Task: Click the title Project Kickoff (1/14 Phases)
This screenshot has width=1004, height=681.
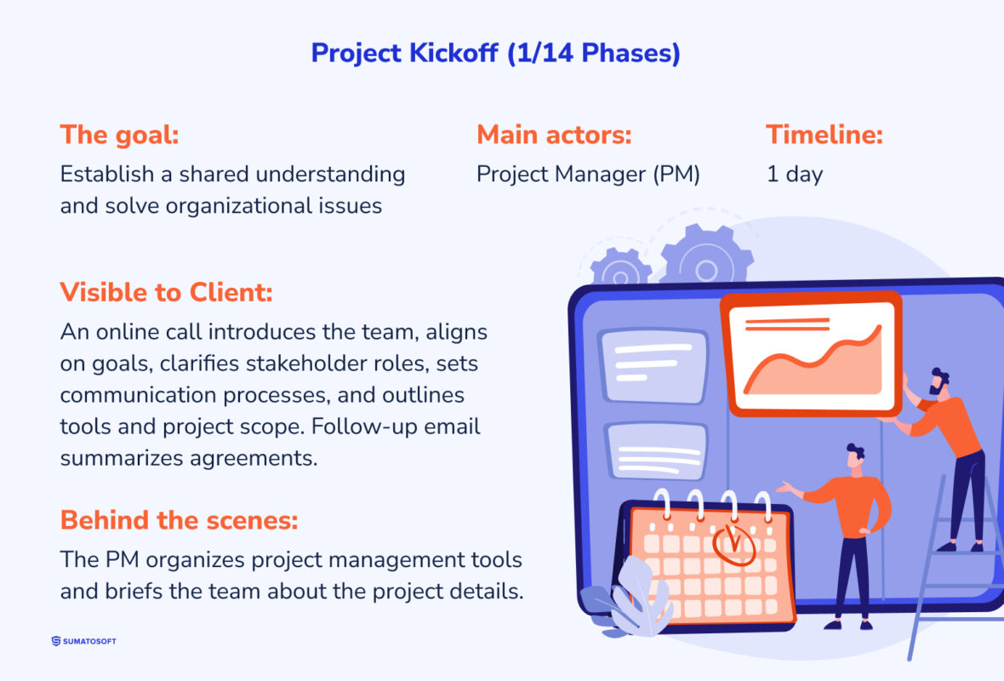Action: coord(495,53)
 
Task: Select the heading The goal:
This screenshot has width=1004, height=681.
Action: coord(118,134)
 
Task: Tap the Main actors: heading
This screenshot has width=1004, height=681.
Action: coord(554,134)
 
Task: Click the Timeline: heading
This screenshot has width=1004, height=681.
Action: coord(824,134)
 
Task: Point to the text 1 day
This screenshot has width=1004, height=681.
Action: coord(795,175)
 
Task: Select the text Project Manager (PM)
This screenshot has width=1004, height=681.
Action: coord(588,175)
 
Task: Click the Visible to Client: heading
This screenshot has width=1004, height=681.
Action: coord(166,292)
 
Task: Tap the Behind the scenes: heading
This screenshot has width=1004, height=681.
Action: coord(179,519)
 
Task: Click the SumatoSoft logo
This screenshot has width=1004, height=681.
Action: coord(83,641)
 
